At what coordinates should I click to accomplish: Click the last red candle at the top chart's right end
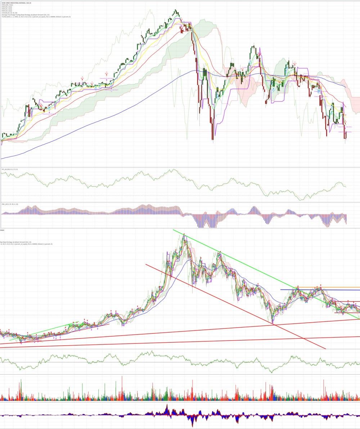pos(345,134)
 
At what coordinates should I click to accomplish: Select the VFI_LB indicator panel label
pos(4,169)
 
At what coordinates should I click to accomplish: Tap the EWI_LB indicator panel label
pos(4,204)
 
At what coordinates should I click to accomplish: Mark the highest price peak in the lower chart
pos(184,234)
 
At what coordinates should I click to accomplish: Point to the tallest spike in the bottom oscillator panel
pos(167,405)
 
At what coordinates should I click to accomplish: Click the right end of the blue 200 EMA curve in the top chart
pos(346,87)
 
